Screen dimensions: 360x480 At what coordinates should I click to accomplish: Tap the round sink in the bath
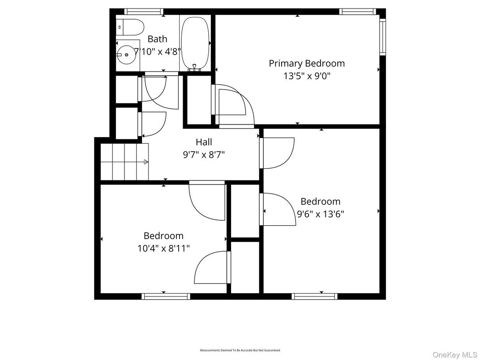pos(126,54)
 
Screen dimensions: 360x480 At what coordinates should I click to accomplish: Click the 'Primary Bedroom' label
pos(306,64)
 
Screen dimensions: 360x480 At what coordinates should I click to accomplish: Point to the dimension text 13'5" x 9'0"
pos(306,76)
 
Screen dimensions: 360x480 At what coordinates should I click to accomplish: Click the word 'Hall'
pos(204,142)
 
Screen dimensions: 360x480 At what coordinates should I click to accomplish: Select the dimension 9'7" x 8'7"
pos(204,155)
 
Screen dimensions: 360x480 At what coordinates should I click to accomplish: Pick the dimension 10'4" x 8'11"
pos(163,248)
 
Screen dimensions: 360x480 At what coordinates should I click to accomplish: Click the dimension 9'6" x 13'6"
pos(320,214)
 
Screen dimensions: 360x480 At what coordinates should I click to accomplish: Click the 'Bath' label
pos(157,39)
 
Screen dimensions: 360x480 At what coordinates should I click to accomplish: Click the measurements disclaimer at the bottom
pos(240,350)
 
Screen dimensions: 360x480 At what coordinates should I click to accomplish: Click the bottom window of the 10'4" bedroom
pos(166,296)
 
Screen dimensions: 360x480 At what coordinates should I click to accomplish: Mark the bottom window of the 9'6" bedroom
pos(314,296)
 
